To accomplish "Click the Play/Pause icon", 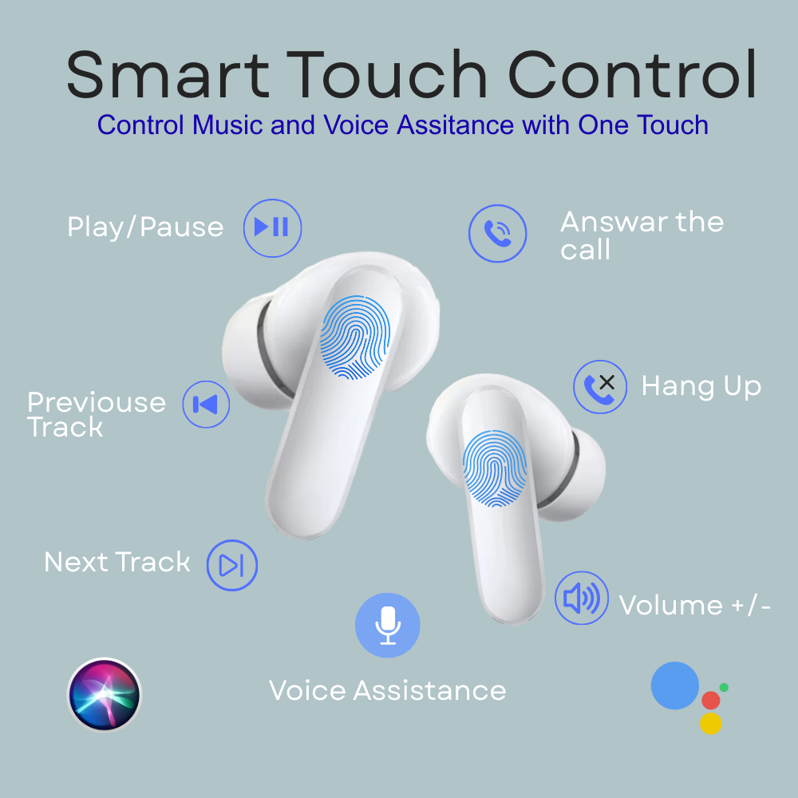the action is tap(272, 228).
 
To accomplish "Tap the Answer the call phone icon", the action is tap(497, 234).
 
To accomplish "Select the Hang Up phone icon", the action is tap(600, 387).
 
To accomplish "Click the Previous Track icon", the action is tap(206, 405).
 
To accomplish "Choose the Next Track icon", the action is tap(232, 566).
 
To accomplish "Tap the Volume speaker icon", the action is tap(581, 598).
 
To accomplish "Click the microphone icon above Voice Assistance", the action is tap(388, 625).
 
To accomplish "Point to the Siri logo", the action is tap(105, 695).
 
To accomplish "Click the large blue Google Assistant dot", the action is tap(675, 685).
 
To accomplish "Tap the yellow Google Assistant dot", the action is tap(711, 723).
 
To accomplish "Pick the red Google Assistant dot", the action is tap(711, 701).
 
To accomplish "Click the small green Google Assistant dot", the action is tap(725, 688).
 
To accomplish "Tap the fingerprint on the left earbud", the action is tap(355, 338).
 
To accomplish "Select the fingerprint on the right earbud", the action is tap(495, 468).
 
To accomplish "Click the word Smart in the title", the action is tap(168, 75).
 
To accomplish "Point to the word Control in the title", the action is tap(632, 74).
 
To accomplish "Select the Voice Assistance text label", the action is tap(387, 690).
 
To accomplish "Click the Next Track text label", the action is tap(117, 562).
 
